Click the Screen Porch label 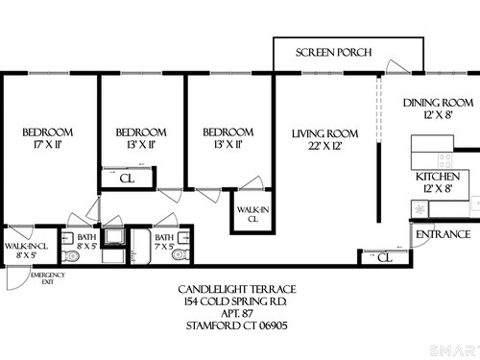pyautogui.click(x=333, y=53)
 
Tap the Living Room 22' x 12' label pyautogui.click(x=324, y=139)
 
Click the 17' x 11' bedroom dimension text pyautogui.click(x=47, y=145)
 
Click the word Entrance pyautogui.click(x=444, y=234)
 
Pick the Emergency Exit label pyautogui.click(x=48, y=278)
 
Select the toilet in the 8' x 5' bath pyautogui.click(x=70, y=256)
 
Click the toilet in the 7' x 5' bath pyautogui.click(x=181, y=255)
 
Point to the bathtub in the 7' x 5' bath pyautogui.click(x=141, y=247)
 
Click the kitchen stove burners pyautogui.click(x=445, y=160)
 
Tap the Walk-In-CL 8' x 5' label pyautogui.click(x=26, y=251)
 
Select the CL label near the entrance pyautogui.click(x=384, y=257)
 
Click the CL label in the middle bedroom pyautogui.click(x=127, y=179)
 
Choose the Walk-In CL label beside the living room pyautogui.click(x=252, y=214)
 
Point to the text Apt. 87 pyautogui.click(x=237, y=313)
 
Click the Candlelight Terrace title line pyautogui.click(x=237, y=290)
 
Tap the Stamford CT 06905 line pyautogui.click(x=237, y=325)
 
